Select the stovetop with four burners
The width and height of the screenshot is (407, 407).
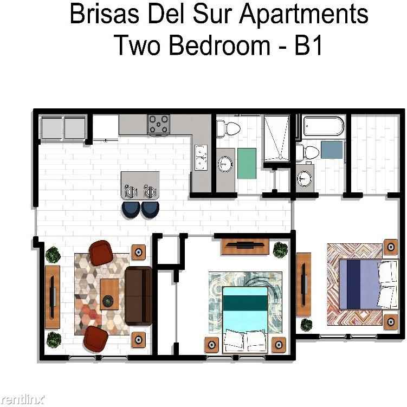pyautogui.click(x=159, y=124)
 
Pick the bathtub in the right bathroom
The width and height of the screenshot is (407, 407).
pyautogui.click(x=323, y=127)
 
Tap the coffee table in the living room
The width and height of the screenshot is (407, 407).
pyautogui.click(x=109, y=294)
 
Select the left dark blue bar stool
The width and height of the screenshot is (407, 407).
pyautogui.click(x=131, y=209)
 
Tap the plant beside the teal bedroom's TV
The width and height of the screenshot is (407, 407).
pyautogui.click(x=280, y=249)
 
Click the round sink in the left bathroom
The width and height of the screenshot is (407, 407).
pyautogui.click(x=224, y=163)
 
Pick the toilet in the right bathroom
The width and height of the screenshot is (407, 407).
pyautogui.click(x=309, y=152)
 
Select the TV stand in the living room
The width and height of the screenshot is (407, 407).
pyautogui.click(x=53, y=296)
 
